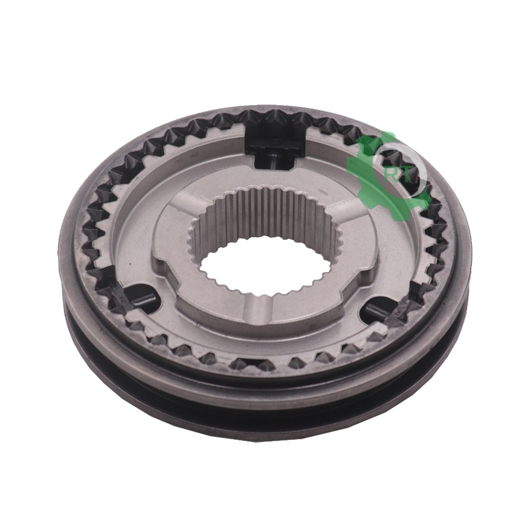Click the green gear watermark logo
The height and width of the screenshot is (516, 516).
[389, 175]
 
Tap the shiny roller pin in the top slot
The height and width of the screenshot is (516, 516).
[274, 161]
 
